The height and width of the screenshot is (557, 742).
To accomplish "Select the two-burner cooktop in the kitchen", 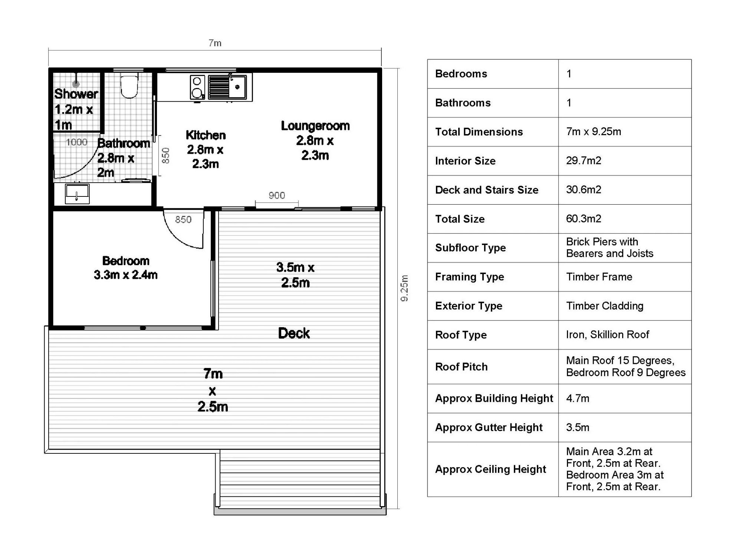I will tap(197, 87).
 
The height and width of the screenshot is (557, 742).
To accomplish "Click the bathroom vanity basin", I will tap(77, 193).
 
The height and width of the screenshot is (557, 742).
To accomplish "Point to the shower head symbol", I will tap(76, 84).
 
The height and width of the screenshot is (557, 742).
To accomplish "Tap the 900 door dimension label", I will tap(277, 195).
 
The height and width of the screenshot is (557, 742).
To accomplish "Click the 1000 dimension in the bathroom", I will tap(76, 142).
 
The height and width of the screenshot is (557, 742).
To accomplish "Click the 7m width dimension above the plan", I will tap(215, 43).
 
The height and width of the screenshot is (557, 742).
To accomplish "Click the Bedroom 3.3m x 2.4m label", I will tap(125, 268).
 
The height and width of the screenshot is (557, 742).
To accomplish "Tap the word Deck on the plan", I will tap(294, 333).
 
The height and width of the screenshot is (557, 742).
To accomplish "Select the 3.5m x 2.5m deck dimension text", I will tap(295, 275).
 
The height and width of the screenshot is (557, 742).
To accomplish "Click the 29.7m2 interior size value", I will tap(583, 160).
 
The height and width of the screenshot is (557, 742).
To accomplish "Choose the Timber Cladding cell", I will tap(604, 306).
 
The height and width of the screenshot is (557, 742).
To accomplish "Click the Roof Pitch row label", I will tap(461, 367).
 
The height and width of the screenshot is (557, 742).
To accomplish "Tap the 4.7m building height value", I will tap(577, 398).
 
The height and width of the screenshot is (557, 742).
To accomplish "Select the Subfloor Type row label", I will tap(470, 248).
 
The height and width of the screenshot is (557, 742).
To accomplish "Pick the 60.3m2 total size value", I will tap(583, 219).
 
